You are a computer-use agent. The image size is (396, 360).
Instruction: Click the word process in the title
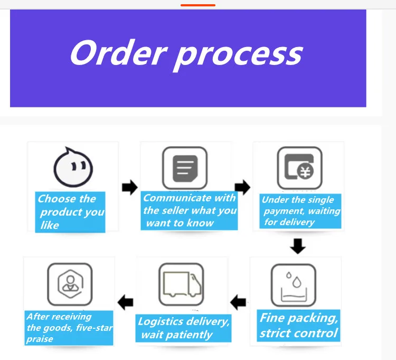[x=237, y=54]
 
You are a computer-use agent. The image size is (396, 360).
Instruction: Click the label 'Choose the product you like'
[x=71, y=212]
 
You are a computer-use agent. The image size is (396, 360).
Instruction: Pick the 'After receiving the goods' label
[x=69, y=328]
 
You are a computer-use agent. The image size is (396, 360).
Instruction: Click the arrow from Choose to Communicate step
[x=129, y=187]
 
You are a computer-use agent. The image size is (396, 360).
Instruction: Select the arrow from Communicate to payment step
[x=242, y=187]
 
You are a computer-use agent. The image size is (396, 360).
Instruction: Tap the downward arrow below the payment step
[x=298, y=246]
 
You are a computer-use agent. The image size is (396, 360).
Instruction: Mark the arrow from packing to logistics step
[x=239, y=302]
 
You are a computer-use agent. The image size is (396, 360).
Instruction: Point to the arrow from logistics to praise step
[x=125, y=302]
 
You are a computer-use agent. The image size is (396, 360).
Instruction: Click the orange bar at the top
[x=198, y=5]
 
